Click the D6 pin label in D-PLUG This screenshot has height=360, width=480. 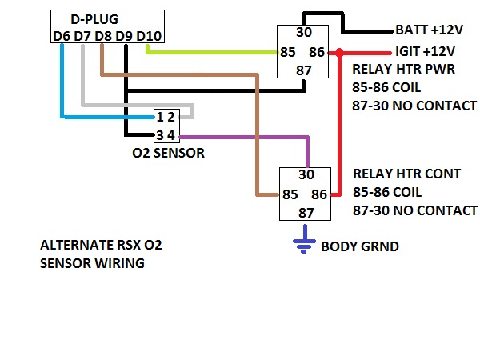60,35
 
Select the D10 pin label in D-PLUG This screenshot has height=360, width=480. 149,35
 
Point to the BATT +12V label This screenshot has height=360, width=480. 430,30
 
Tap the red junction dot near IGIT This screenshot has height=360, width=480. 338,53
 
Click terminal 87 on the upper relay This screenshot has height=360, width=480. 305,70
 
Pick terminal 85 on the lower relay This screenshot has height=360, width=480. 290,194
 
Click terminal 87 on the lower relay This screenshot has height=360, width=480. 306,212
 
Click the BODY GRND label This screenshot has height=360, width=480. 359,246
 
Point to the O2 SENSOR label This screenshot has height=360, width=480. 168,152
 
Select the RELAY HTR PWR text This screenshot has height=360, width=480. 403,69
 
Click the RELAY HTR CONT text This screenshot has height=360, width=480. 406,174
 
